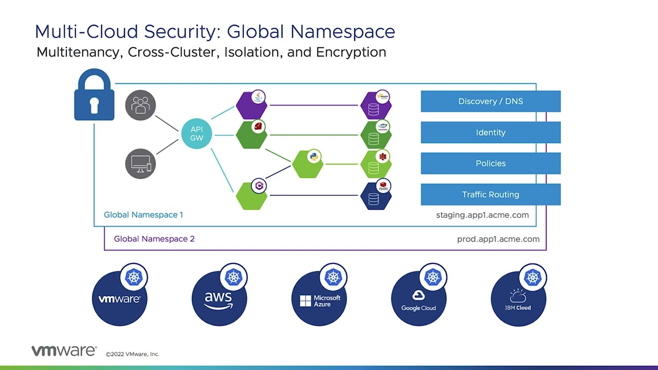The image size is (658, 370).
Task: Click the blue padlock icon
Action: pos(94,96)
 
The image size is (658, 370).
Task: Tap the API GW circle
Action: pos(196,134)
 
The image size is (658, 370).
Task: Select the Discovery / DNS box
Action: pos(490,101)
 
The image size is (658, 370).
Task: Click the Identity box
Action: pos(490,133)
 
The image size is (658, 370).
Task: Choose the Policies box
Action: pos(490,163)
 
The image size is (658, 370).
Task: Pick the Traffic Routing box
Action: pos(490,195)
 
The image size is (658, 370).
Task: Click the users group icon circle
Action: pos(140,105)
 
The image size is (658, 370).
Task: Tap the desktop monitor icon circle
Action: pos(140,164)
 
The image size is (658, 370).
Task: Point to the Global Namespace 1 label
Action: pos(143,215)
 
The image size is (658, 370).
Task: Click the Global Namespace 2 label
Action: pos(154,239)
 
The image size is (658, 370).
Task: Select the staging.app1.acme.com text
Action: pos(482,215)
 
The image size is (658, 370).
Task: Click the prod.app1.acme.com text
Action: pos(498,239)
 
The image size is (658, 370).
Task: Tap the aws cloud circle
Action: pos(219,299)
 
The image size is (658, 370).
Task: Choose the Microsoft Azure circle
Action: pos(319,299)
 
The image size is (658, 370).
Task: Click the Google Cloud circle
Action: pos(418,299)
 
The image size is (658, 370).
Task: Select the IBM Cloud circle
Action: pos(518,299)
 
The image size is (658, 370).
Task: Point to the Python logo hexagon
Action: pos(307,164)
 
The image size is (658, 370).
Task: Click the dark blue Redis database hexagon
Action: pos(376,196)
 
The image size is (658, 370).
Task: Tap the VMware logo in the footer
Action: pos(64,351)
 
